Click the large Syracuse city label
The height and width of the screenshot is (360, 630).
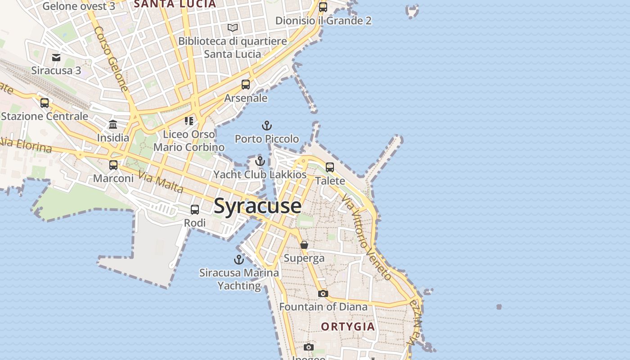tap(257, 206)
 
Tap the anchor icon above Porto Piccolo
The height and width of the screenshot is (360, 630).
tap(267, 126)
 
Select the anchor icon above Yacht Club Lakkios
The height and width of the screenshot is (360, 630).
tap(260, 161)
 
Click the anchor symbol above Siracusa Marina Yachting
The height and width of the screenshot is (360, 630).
tap(239, 260)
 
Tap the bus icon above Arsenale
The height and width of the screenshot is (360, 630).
tap(246, 85)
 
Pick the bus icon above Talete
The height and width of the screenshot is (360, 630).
tap(330, 167)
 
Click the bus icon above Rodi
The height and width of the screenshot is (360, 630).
tap(195, 210)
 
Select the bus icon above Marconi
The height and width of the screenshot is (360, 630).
tap(113, 165)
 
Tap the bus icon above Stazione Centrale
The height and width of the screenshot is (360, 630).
tap(45, 103)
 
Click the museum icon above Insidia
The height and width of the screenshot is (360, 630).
tap(113, 125)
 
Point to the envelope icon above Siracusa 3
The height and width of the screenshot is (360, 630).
tap(56, 58)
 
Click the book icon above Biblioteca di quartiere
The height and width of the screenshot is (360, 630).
tap(233, 28)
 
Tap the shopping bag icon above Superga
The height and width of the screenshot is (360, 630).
tap(304, 245)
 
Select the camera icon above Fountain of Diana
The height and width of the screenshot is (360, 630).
tap(323, 294)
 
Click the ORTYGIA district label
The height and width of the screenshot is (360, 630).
tap(348, 327)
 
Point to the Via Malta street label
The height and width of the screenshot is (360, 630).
tap(161, 182)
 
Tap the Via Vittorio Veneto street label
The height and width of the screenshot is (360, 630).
tap(366, 237)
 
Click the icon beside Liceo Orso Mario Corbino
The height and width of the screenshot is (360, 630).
tap(189, 121)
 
